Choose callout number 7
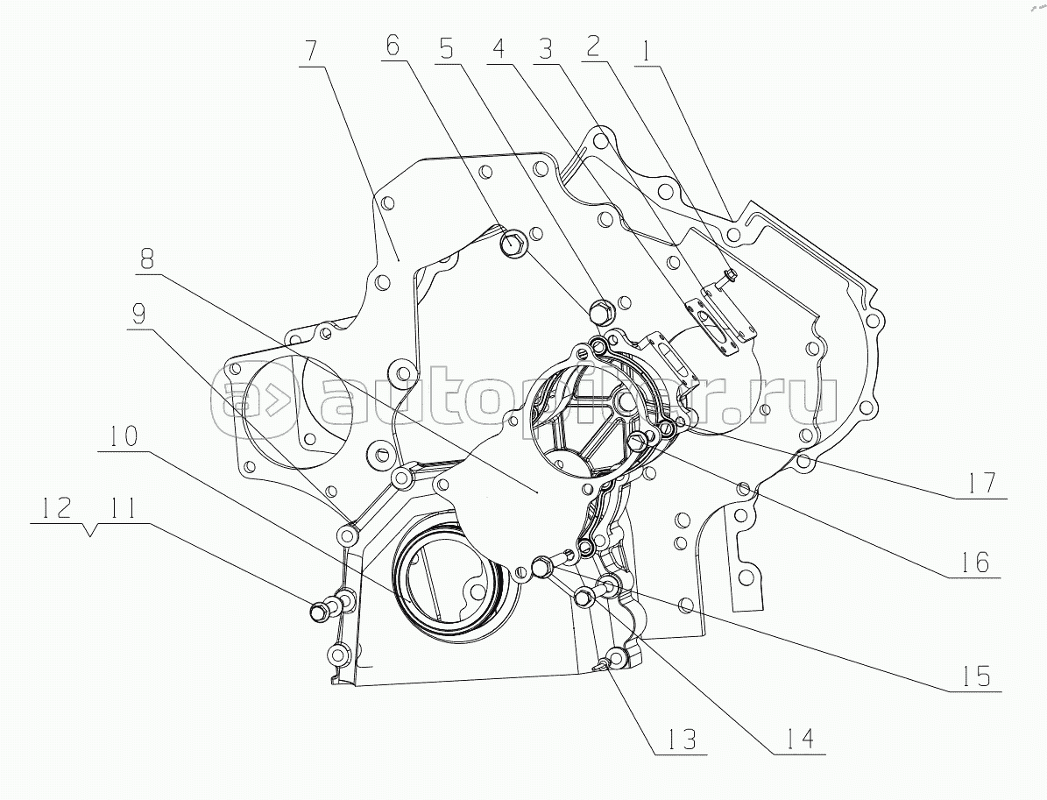click(310, 51)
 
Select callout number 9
click(138, 313)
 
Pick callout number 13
click(678, 740)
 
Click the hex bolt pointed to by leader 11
click(321, 609)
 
